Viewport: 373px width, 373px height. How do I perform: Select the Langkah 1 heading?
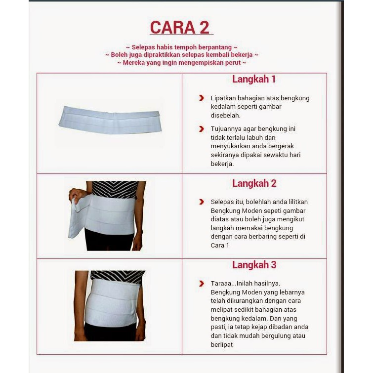[254, 79]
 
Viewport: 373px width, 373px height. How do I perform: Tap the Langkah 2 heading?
[254, 183]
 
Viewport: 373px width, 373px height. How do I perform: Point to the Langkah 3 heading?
[254, 265]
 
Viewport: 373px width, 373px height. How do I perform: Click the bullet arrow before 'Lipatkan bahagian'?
[202, 98]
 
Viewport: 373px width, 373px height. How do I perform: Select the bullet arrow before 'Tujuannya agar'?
[202, 129]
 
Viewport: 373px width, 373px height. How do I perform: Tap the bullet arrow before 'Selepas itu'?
[202, 202]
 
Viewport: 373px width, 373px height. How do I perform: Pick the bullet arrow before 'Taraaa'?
[202, 284]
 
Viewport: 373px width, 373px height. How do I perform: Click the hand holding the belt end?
[76, 193]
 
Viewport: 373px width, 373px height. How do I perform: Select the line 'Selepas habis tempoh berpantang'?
[182, 47]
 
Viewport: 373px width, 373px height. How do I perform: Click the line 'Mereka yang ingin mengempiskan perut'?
[182, 63]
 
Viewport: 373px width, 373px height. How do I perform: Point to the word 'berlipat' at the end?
[221, 345]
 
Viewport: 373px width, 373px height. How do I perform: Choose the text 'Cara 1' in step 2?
[220, 246]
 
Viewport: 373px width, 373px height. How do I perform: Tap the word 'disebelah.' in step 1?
[226, 116]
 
